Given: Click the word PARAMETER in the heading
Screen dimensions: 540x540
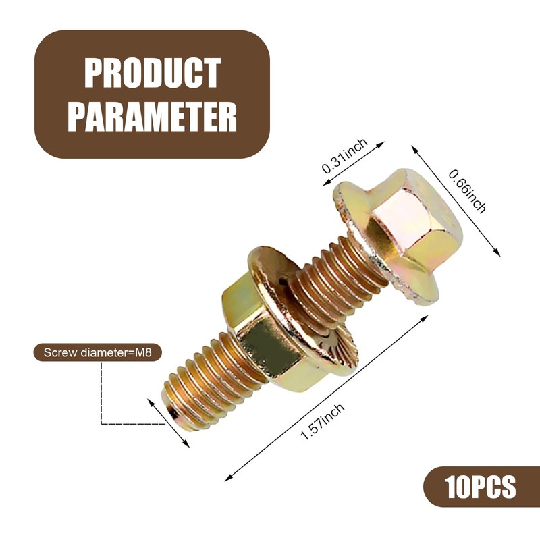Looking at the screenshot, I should click(153, 116).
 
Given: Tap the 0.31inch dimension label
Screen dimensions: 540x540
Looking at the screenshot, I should click(344, 157).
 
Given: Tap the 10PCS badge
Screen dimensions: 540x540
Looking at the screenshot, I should click(481, 486).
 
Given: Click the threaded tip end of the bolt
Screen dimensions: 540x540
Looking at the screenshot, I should click(174, 412).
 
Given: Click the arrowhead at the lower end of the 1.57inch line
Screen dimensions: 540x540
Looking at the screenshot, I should click(227, 478).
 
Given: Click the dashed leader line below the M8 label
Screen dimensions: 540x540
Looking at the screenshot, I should click(101, 398).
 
